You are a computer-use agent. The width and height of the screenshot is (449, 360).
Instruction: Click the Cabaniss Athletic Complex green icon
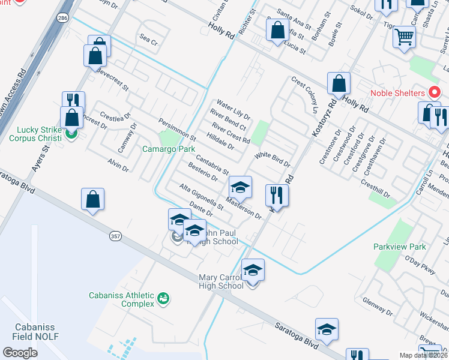click(x=162, y=298)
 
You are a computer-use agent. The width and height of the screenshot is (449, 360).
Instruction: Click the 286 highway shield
click(x=63, y=19)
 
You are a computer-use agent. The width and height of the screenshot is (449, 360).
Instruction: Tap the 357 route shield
click(x=116, y=237)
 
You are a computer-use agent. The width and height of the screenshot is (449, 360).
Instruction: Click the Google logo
click(x=20, y=352)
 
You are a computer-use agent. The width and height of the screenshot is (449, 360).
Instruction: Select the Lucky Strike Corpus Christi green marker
click(x=71, y=133)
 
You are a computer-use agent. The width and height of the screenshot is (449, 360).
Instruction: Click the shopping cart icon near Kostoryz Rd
click(x=404, y=37)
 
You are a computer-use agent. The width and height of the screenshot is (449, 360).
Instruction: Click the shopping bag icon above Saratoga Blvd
click(x=92, y=200)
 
